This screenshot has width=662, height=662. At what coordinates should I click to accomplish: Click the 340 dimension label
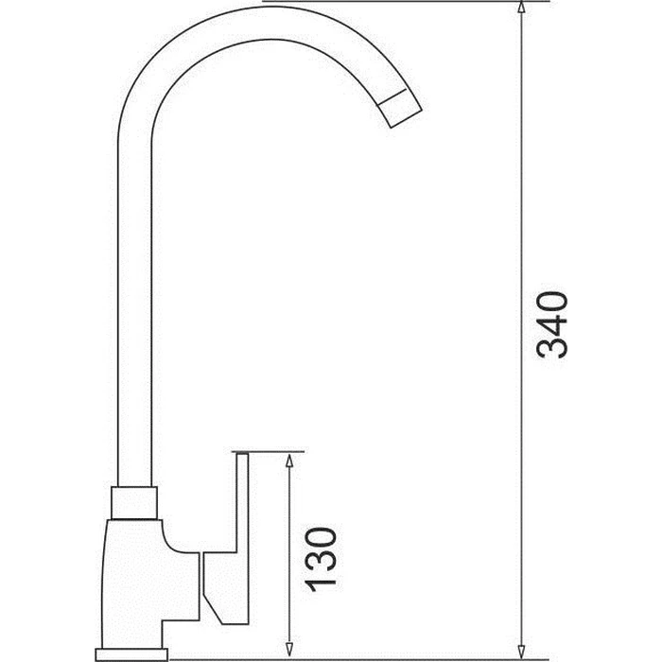[x=550, y=323]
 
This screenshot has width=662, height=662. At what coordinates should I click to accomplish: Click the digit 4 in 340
[x=550, y=323]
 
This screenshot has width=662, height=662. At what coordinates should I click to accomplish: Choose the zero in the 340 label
[x=550, y=299]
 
